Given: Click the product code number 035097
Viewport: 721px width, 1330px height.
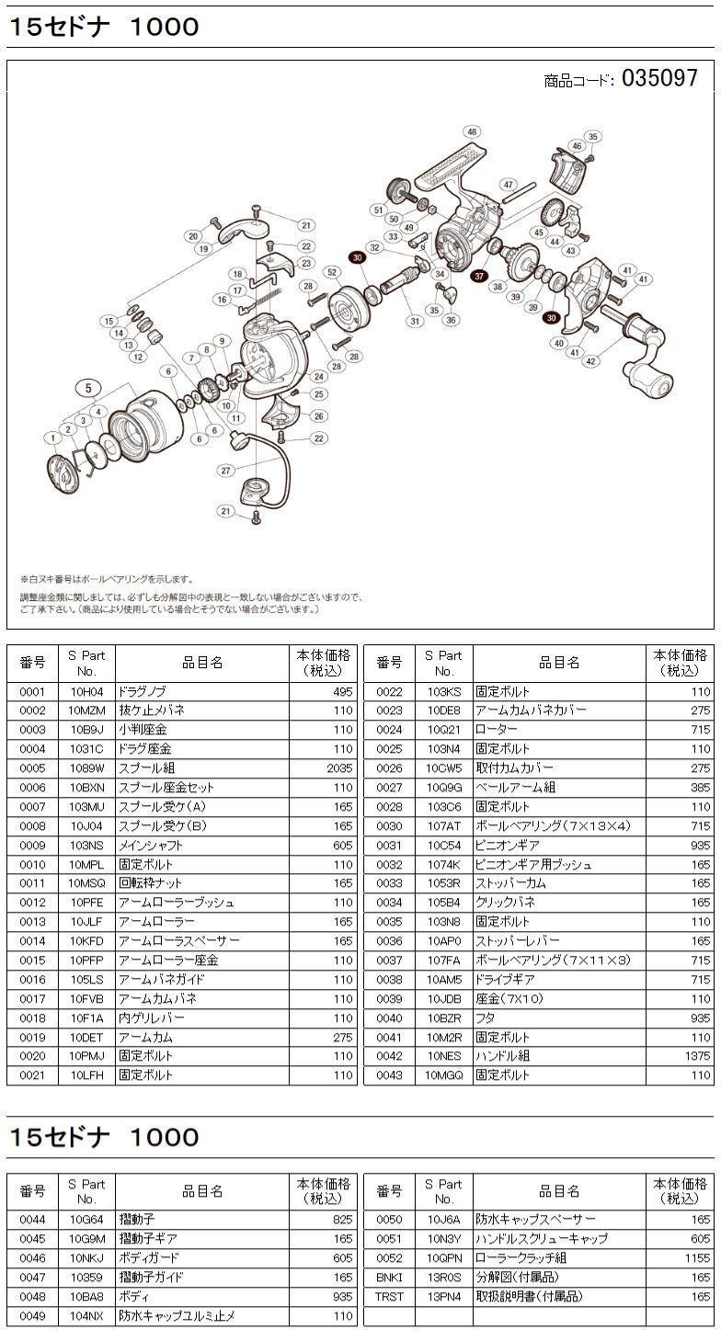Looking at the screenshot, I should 659,79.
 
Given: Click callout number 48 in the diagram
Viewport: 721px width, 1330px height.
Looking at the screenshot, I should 472,132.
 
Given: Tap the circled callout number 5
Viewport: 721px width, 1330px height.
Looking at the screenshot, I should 89,387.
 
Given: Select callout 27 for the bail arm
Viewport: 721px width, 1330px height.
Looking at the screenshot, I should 225,471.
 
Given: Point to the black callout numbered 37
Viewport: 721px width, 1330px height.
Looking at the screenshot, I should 478,275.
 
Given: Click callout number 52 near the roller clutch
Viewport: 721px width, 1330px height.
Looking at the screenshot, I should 331,272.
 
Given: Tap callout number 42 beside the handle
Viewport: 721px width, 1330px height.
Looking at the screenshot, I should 590,361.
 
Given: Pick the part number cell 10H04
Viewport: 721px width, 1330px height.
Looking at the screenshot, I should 86,691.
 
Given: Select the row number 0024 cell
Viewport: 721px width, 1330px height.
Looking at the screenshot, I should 389,730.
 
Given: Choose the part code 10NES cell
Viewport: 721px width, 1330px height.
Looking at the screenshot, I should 443,1057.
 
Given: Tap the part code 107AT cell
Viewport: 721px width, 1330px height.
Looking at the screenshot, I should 443,826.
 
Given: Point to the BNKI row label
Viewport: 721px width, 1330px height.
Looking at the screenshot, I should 389,1277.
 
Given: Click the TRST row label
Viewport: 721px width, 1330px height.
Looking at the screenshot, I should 389,1296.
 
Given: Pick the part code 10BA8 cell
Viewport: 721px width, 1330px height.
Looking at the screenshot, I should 86,1296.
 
